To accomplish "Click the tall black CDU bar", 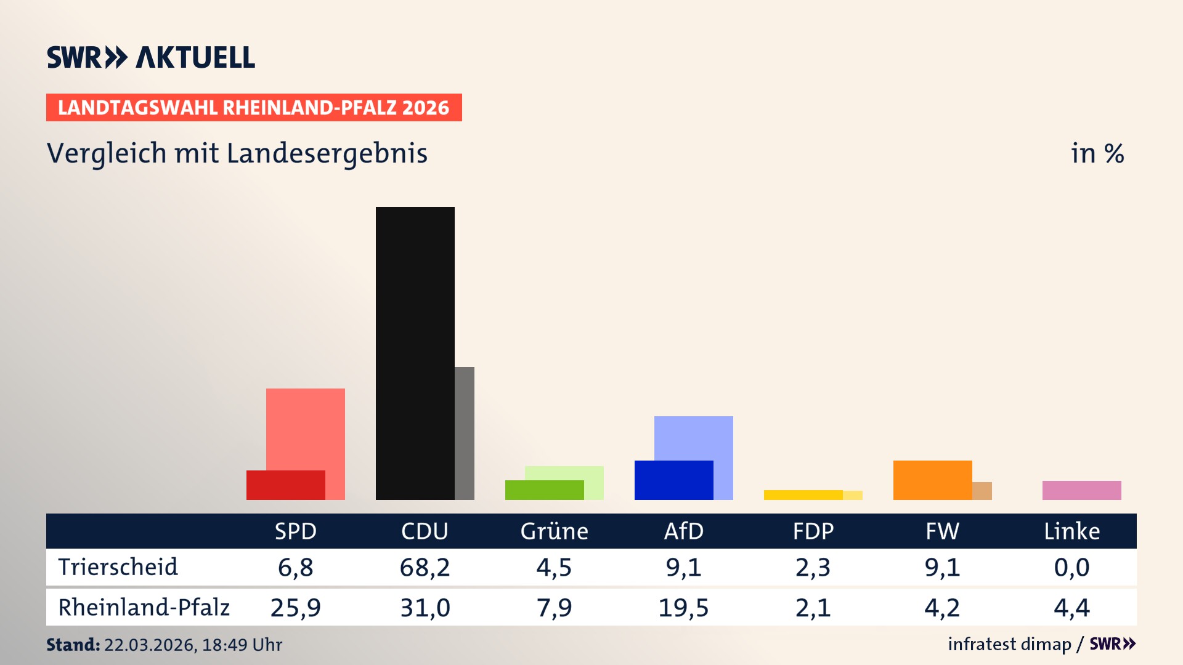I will click(x=415, y=353).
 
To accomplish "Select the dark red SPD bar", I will click(x=285, y=485).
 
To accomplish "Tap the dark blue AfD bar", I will click(x=673, y=480).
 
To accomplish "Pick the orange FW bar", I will click(x=932, y=480).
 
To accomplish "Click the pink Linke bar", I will click(x=1081, y=490).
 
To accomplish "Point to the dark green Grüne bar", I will click(x=544, y=490).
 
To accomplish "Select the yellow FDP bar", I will click(x=803, y=495).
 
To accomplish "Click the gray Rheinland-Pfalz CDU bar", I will click(x=465, y=433).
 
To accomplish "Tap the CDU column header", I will click(x=425, y=531).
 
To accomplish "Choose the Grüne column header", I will click(x=554, y=531).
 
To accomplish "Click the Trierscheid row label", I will click(x=118, y=567).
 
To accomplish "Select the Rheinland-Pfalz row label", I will click(x=144, y=608).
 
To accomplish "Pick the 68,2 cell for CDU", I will click(x=425, y=567).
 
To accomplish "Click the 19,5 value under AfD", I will click(x=683, y=608).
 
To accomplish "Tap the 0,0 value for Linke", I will click(x=1071, y=567).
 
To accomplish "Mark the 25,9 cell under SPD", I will click(x=295, y=608).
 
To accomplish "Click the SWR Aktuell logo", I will click(x=151, y=57).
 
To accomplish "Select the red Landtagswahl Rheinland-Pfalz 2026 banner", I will click(x=254, y=108).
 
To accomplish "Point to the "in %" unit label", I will click(x=1097, y=153).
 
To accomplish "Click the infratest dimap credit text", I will click(x=1009, y=644).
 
